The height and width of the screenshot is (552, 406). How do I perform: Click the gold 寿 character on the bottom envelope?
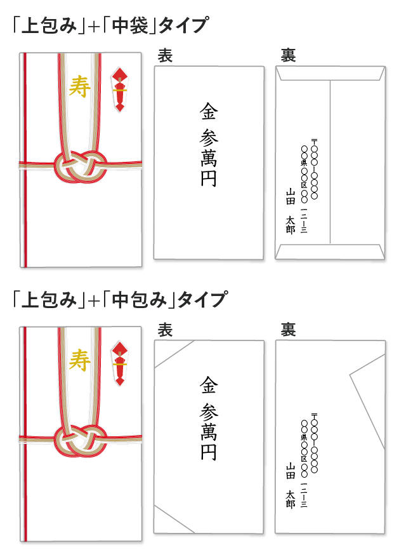pos(80,361)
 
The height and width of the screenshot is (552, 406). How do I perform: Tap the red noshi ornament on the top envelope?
pos(119,89)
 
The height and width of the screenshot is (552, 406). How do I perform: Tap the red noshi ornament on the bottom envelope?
pos(119,364)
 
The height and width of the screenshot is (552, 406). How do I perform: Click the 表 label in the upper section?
pos(165,56)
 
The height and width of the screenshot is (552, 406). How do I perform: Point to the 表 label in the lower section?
pos(165,330)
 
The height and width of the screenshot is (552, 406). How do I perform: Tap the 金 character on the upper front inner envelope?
pos(209,112)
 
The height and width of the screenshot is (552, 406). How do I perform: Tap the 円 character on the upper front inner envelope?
pos(209,178)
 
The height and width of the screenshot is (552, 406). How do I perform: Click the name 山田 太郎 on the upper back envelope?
pos(291,210)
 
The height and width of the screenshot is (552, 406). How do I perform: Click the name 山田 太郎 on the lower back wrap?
pos(291,485)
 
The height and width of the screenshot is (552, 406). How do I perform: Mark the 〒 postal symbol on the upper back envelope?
pos(314,141)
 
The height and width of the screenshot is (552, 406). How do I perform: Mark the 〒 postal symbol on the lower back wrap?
pos(314,416)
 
